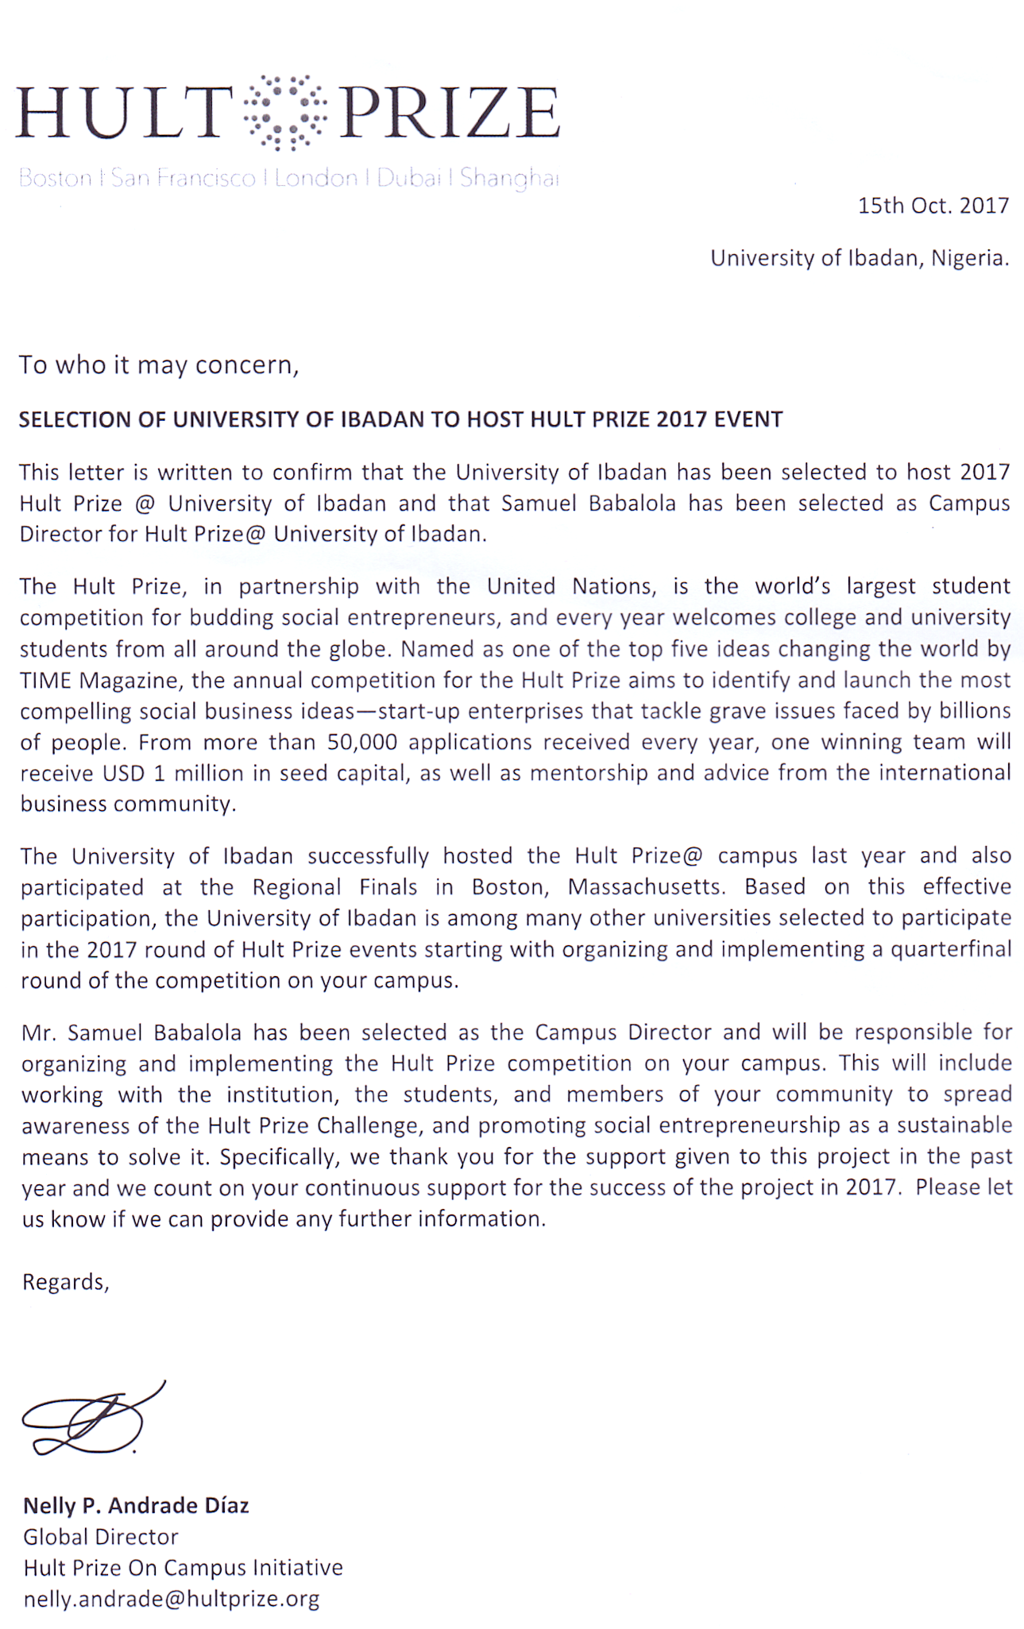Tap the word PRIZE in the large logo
pyautogui.click(x=450, y=113)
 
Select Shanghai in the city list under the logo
pyautogui.click(x=509, y=178)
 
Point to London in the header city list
pyautogui.click(x=316, y=178)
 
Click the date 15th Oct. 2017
pyautogui.click(x=933, y=206)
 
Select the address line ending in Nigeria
pyautogui.click(x=859, y=258)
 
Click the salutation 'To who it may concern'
pyautogui.click(x=159, y=365)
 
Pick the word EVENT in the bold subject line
pyautogui.click(x=748, y=419)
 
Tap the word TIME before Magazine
pyautogui.click(x=46, y=681)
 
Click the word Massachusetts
pyautogui.click(x=646, y=887)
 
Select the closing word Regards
pyautogui.click(x=65, y=1282)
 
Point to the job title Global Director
pyautogui.click(x=101, y=1537)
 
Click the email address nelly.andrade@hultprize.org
pyautogui.click(x=172, y=1599)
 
